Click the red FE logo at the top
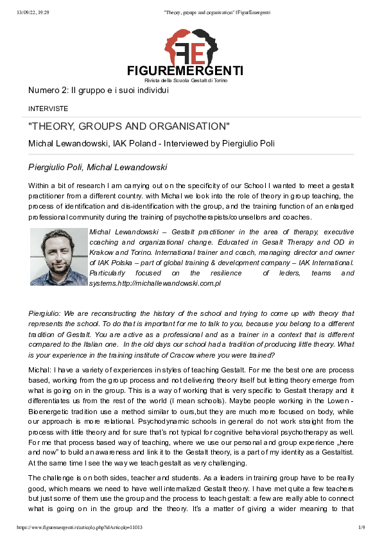(191, 46)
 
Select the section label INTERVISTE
(48, 109)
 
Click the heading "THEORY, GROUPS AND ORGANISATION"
(129, 126)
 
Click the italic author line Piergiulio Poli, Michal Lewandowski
(98, 168)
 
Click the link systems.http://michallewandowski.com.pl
(155, 283)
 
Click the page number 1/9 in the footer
(361, 527)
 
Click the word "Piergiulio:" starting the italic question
(46, 313)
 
